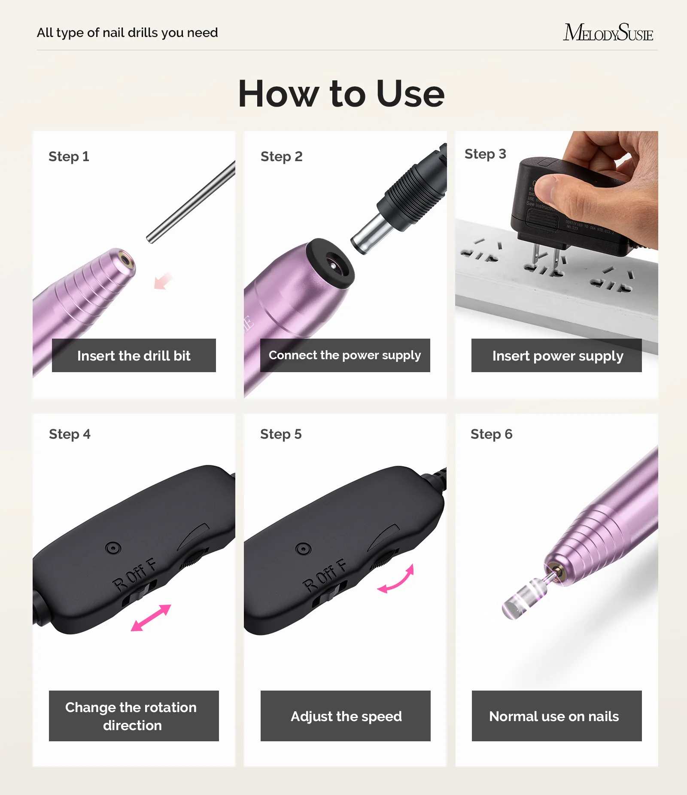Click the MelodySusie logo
point(608,33)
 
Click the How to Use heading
point(341,94)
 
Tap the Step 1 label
point(69,156)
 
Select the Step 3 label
point(485,154)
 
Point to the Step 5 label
point(281,434)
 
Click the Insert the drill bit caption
point(134,355)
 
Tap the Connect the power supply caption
point(345,355)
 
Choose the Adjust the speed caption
point(346,716)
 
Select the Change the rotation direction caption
point(134,716)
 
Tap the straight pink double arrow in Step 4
point(151,618)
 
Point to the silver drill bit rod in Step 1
point(191,202)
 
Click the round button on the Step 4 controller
point(113,548)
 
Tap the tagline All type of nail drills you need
point(127,33)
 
